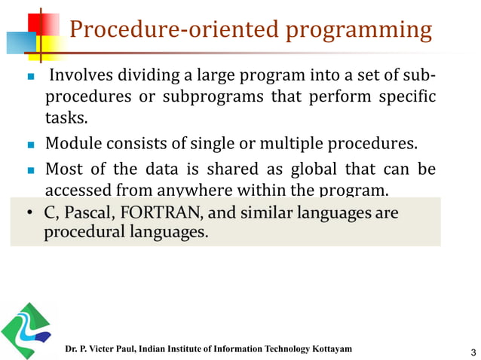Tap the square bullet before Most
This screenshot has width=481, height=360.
click(x=32, y=169)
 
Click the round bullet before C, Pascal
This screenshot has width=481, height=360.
click(x=31, y=215)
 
